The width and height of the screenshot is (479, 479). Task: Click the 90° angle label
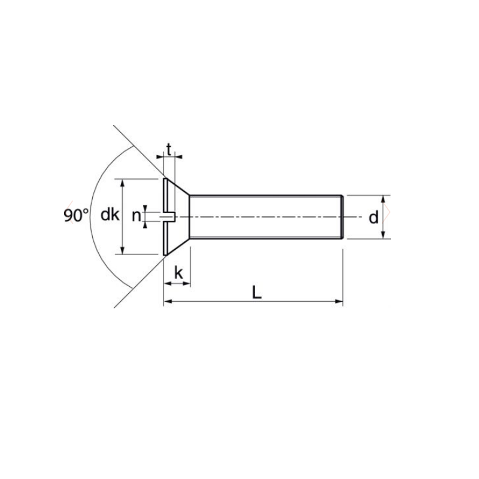click(75, 216)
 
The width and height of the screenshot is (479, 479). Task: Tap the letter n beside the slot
click(136, 216)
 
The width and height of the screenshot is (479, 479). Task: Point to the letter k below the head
click(178, 273)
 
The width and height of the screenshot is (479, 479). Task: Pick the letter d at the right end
click(374, 217)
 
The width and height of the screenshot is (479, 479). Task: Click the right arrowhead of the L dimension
click(339, 301)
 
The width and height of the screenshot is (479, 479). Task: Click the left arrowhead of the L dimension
click(168, 301)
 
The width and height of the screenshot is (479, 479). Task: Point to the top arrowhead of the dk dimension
click(123, 183)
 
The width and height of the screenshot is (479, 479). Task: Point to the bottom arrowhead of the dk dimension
click(123, 251)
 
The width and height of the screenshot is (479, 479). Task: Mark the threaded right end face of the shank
click(342, 217)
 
